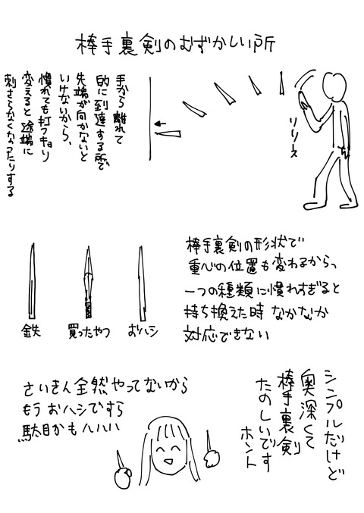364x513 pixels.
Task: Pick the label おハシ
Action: (142, 331)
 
